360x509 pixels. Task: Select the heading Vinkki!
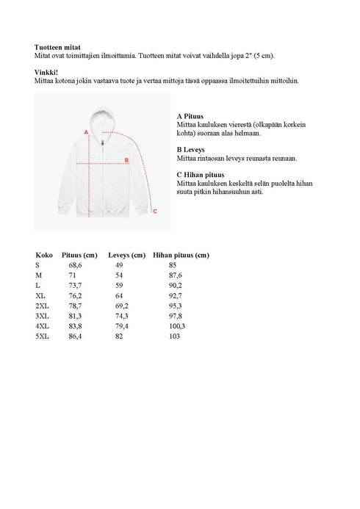click(46, 72)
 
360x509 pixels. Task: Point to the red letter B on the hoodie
click(126, 159)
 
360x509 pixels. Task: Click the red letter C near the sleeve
click(154, 212)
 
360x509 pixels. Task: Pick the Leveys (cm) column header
click(128, 255)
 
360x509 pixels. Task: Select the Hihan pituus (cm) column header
click(181, 255)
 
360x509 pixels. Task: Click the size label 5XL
click(42, 336)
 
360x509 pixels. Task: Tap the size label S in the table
click(37, 264)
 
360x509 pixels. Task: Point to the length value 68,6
click(76, 264)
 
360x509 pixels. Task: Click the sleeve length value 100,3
click(177, 325)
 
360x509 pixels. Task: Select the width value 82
click(119, 336)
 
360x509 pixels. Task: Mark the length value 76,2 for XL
click(76, 295)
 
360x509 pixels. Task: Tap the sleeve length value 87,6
click(175, 275)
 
